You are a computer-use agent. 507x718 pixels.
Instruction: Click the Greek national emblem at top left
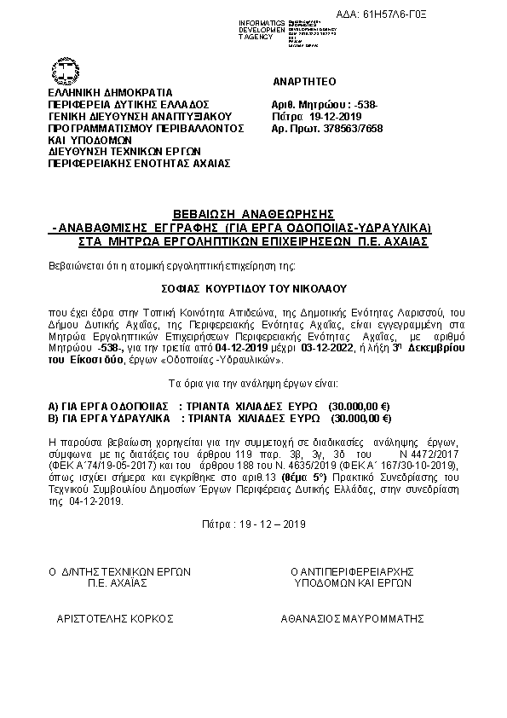pos(65,71)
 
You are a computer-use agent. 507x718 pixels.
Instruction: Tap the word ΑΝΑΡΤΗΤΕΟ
pos(305,81)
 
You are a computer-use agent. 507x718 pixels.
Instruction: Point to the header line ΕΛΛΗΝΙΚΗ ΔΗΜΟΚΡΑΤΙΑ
pos(110,92)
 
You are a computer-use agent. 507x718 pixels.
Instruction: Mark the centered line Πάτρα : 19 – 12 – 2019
pos(254,523)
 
